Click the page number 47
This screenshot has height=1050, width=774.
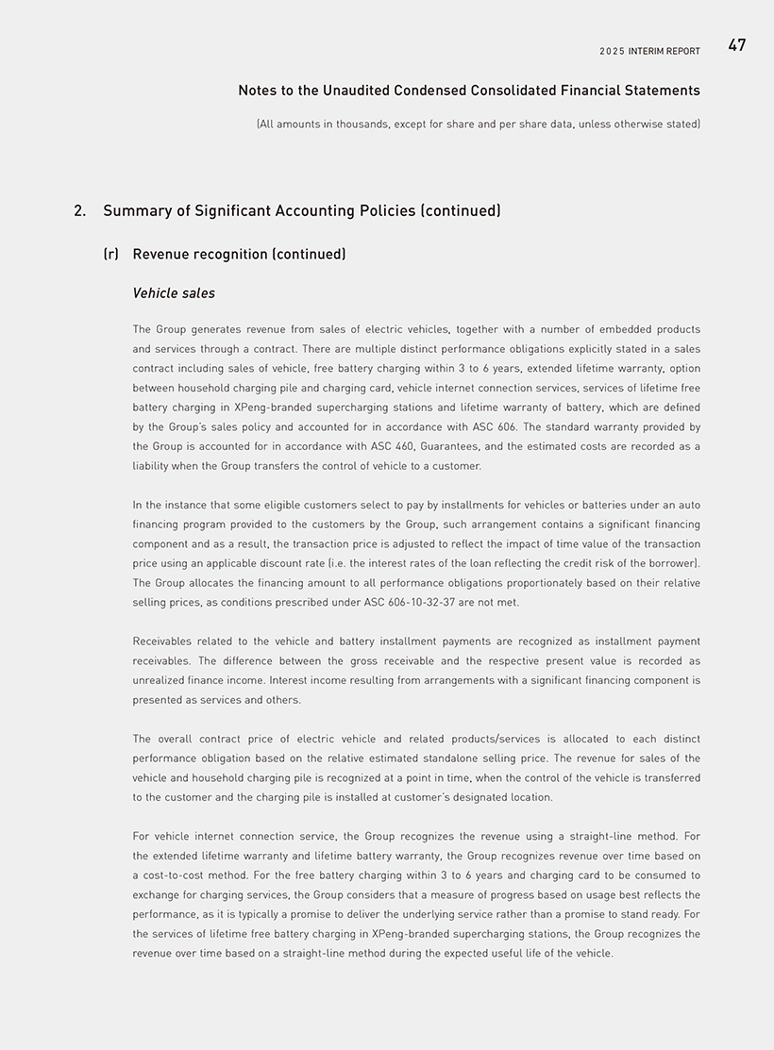point(736,45)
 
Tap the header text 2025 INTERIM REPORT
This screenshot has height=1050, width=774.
point(649,51)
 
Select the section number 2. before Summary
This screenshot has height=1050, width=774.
point(79,210)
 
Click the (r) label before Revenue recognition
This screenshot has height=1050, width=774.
point(110,255)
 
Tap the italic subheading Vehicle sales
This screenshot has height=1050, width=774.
point(174,293)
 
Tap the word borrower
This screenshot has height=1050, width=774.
point(669,563)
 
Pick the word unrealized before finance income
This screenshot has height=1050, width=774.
point(160,680)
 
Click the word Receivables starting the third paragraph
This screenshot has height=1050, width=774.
point(163,642)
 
